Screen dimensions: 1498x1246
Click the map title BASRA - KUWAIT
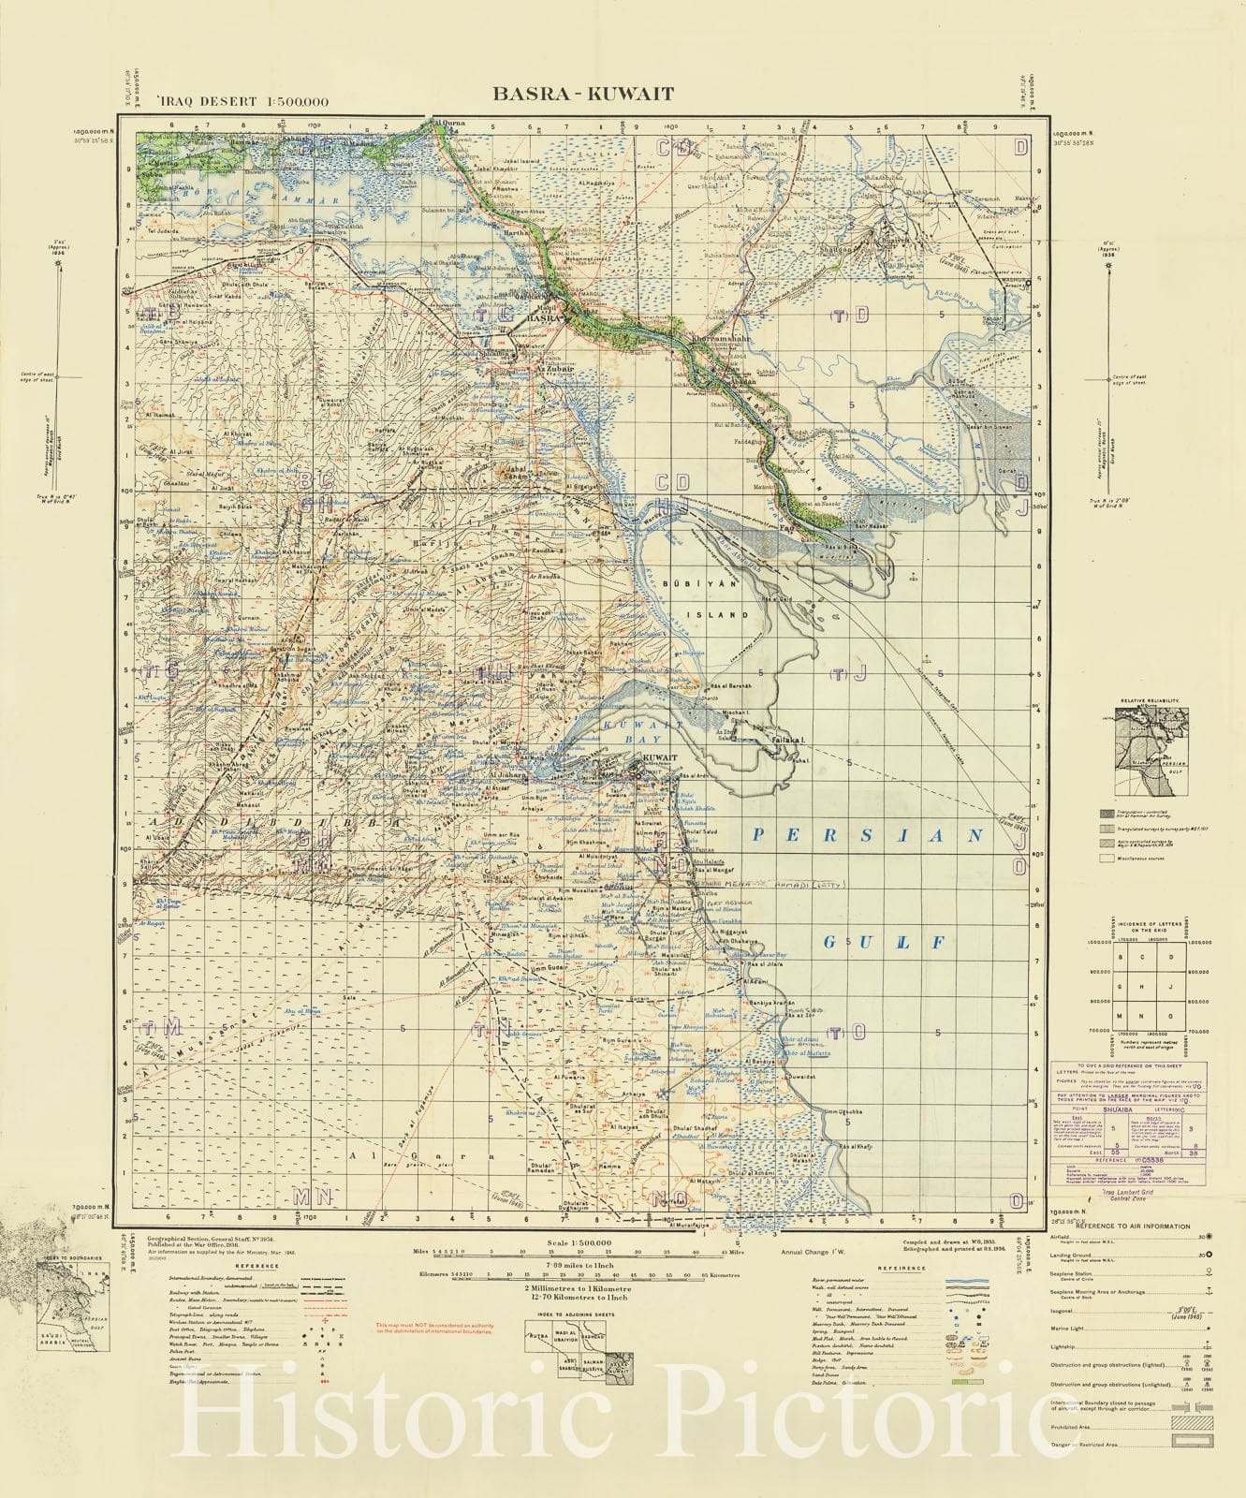click(x=583, y=94)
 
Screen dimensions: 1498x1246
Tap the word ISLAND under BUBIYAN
click(x=727, y=615)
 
